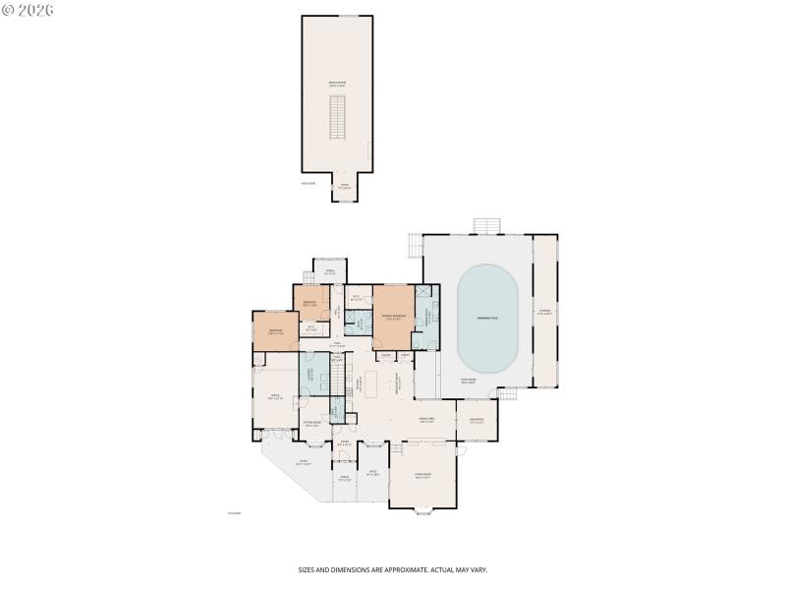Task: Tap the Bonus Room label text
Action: click(337, 86)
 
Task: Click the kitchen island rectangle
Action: click(371, 380)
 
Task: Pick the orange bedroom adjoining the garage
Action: click(276, 332)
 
